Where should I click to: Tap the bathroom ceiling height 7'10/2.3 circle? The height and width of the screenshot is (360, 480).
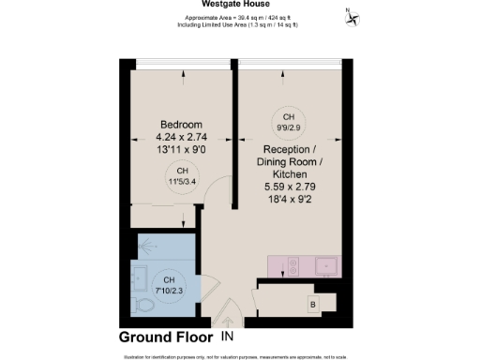point(170,285)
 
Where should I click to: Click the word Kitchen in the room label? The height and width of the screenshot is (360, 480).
point(289,174)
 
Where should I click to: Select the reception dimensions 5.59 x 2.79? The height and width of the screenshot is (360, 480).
point(289,187)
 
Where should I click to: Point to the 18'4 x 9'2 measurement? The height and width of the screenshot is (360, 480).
point(289,201)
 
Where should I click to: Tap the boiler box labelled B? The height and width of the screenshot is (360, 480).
point(312,305)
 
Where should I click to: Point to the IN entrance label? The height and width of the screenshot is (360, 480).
point(228,336)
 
